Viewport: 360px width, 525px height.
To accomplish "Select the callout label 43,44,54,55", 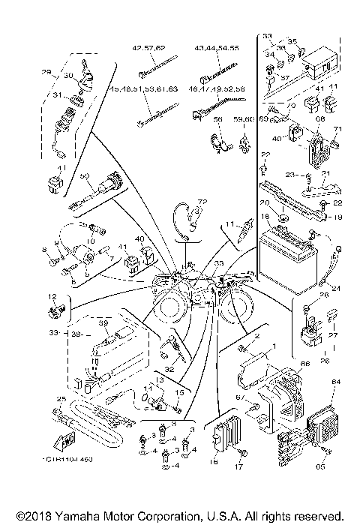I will pos(217,47).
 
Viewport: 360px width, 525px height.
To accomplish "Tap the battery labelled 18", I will pos(289,256).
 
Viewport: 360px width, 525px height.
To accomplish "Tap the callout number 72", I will pos(201,203).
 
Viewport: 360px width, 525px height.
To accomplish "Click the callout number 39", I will pos(104,323).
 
